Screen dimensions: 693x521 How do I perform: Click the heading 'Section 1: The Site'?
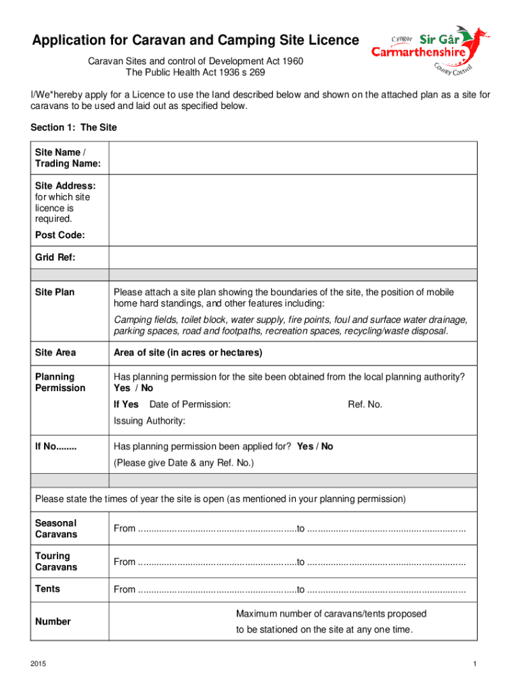(74, 128)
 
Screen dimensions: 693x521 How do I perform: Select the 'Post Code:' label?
(60, 236)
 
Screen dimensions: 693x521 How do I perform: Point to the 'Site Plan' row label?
(55, 292)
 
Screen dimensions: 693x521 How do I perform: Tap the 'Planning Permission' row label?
(60, 382)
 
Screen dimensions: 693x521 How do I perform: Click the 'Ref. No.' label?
(365, 404)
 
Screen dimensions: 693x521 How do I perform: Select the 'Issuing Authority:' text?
(150, 421)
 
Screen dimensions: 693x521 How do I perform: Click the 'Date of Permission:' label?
(189, 404)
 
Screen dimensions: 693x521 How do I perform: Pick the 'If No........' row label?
(56, 447)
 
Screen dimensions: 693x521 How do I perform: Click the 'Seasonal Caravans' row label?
(56, 529)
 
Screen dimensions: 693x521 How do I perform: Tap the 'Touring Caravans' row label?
(56, 562)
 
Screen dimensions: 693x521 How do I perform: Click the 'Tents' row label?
(47, 589)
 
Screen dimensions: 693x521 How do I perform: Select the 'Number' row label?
(53, 621)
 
